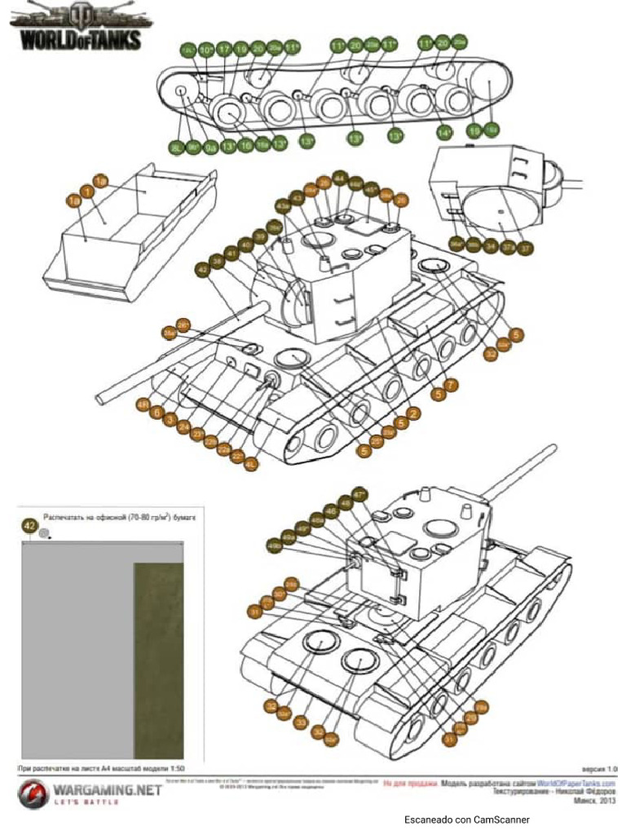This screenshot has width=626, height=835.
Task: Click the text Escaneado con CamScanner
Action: coord(466,819)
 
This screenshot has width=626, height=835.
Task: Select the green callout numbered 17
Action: coord(224,49)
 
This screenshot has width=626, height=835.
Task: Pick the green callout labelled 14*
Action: coord(445,132)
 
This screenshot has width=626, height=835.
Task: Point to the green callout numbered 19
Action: coord(241,49)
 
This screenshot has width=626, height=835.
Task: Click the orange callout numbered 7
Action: coord(451,383)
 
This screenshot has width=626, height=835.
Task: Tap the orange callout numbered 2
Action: coord(414,414)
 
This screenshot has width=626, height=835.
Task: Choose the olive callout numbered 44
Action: coord(340,179)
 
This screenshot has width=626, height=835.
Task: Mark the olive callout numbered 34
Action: coord(490,244)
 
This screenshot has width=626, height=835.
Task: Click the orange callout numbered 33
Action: coord(300,722)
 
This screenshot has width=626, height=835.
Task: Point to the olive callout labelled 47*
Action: coord(359,493)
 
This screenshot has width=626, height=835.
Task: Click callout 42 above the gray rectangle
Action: coord(29,527)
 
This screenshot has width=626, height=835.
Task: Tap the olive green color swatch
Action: coord(158,660)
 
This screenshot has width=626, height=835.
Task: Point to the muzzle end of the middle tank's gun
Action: coord(101,398)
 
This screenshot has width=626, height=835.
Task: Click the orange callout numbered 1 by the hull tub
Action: coord(87,190)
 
